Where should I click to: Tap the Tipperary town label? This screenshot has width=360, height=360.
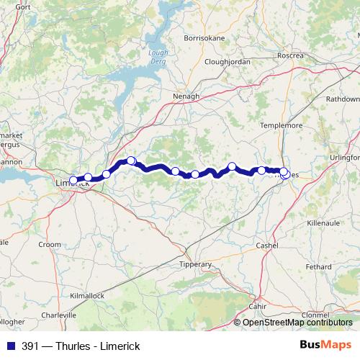pos(196,264)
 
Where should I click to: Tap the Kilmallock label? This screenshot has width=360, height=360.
pos(88,296)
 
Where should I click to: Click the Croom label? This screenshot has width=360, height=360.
pos(50,245)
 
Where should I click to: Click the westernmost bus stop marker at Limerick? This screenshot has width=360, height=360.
pos(73,181)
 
